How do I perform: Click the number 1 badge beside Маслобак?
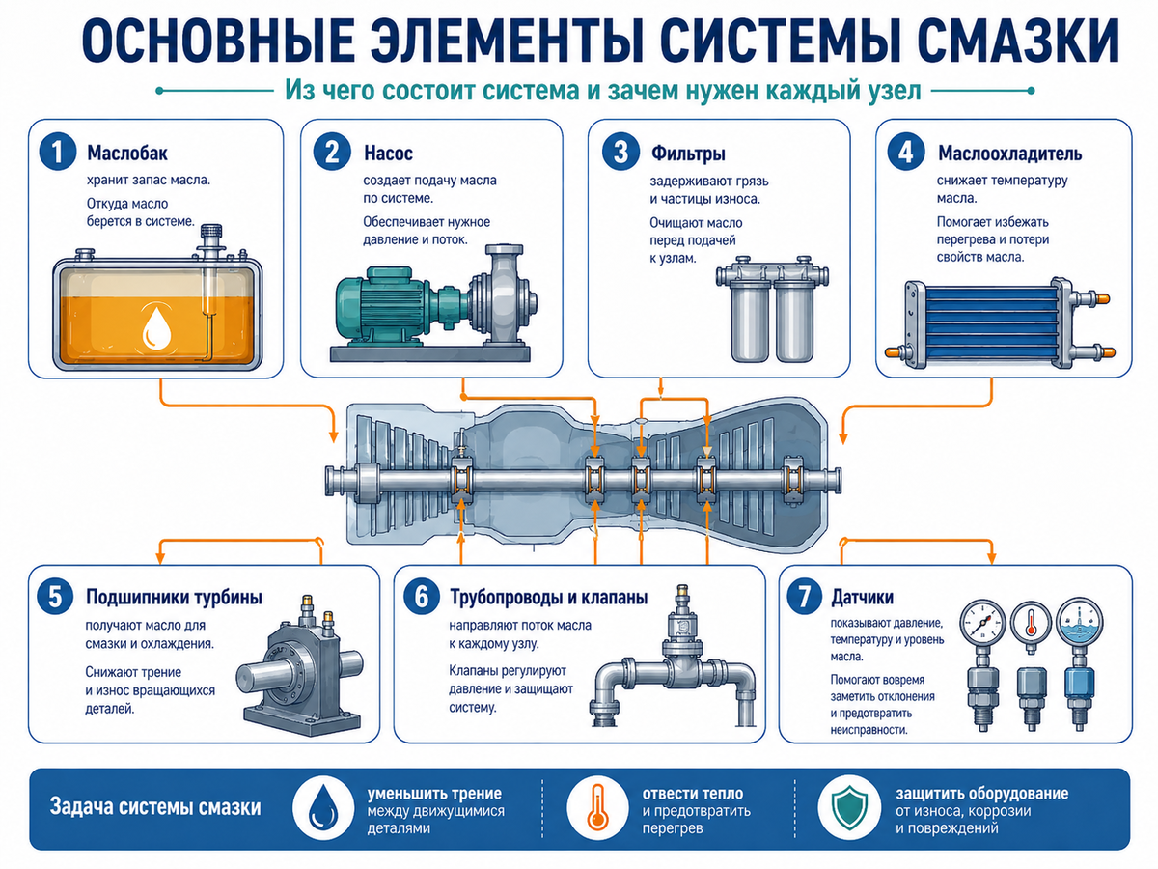coord(58,152)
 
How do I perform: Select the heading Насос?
coord(388,154)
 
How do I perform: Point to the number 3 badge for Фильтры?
coord(620,152)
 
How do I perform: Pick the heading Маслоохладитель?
coord(1009,154)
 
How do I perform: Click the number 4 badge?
coord(906,152)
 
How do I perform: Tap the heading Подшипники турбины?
coord(174,598)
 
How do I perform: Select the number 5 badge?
coord(55,596)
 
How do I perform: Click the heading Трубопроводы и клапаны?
coord(549,598)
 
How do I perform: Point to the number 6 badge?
coord(422,596)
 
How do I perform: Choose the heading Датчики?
coord(863,598)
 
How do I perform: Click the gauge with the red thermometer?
coord(1031,623)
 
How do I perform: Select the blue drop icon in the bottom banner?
coord(323,809)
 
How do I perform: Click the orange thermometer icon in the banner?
coord(597,808)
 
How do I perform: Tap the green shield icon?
coord(849,808)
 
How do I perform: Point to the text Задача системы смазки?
coord(155,808)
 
